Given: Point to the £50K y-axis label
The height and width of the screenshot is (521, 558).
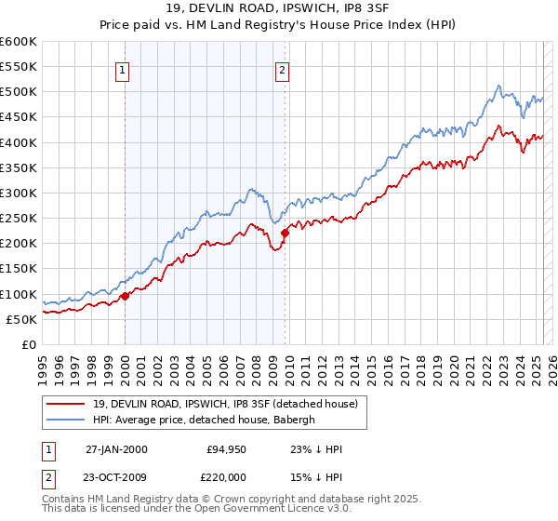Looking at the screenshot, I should point(21,319).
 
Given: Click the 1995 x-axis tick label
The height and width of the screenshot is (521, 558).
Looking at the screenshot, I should point(43,361).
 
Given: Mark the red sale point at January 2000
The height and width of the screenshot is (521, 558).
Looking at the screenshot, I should point(125,297).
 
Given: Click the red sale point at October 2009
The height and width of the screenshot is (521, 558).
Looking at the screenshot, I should point(285,234).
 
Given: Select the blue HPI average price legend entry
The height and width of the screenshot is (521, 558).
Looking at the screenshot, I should point(205,420).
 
